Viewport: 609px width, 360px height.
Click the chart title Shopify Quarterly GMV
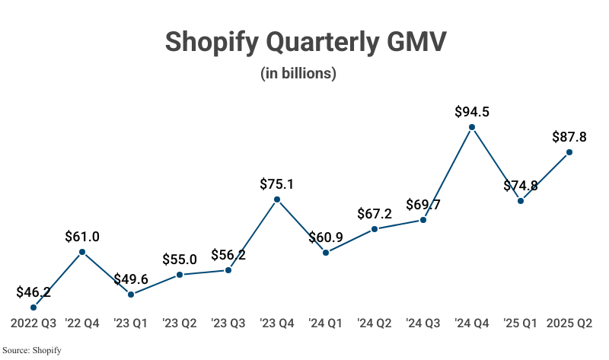[x=304, y=42]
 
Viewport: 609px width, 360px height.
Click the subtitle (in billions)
[x=304, y=74]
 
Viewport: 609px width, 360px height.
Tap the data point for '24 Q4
[x=472, y=128]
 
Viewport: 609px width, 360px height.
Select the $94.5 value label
[x=472, y=112]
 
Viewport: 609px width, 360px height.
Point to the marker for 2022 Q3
[x=33, y=307]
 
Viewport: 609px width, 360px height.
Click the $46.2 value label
[x=33, y=292]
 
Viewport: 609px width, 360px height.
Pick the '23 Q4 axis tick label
[x=277, y=323]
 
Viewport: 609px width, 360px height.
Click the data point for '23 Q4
[x=277, y=199]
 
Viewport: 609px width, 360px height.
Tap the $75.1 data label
[x=277, y=183]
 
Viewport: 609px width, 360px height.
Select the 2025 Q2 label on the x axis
[x=569, y=323]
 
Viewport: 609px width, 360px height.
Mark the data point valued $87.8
[x=569, y=152]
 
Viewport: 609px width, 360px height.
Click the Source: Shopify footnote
[x=31, y=350]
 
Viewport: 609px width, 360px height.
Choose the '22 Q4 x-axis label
[x=82, y=323]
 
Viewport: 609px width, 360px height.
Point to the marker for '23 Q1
[x=131, y=295]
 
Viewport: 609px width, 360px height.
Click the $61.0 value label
[x=82, y=236]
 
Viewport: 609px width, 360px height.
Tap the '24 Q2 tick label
[x=375, y=323]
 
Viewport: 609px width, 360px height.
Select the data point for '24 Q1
[x=326, y=253]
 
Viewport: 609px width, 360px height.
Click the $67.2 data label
[x=375, y=213]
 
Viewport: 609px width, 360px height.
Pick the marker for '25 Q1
[x=521, y=201]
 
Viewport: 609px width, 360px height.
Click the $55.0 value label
[x=180, y=259]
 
